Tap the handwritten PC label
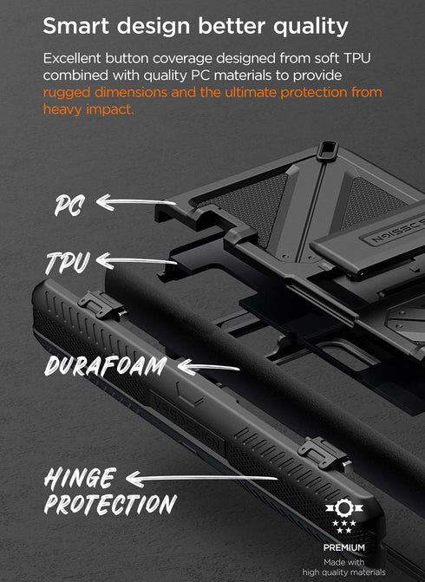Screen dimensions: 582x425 click(x=69, y=206)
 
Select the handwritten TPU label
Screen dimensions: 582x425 click(x=67, y=262)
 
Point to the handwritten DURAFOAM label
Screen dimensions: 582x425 click(x=106, y=365)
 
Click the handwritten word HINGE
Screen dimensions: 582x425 click(x=80, y=477)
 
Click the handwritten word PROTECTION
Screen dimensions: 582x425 click(x=109, y=504)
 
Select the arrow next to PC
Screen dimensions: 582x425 click(x=135, y=204)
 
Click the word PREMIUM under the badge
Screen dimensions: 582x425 click(x=343, y=547)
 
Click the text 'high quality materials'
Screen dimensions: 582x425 click(x=343, y=572)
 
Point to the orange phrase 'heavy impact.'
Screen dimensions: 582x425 click(x=88, y=109)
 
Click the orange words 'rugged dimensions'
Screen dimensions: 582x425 click(x=96, y=92)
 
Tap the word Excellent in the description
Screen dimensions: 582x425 click(x=75, y=57)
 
